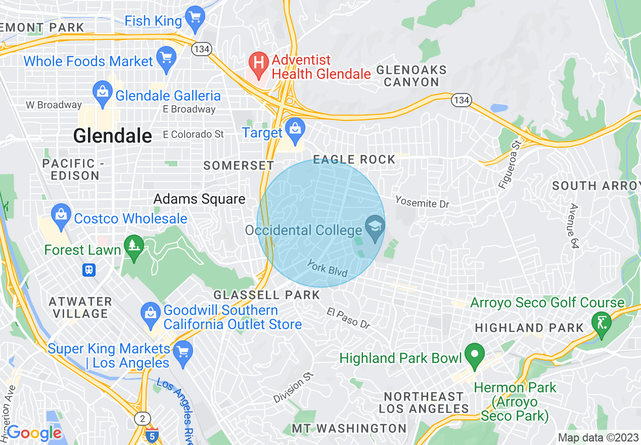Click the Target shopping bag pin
click(294, 128)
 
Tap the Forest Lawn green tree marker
click(134, 247)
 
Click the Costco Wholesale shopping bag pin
click(61, 215)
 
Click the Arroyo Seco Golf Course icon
click(602, 322)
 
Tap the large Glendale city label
click(112, 136)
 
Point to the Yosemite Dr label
click(422, 202)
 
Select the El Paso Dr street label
click(349, 318)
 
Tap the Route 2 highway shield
click(142, 418)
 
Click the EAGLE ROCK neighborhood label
click(354, 160)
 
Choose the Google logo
click(34, 433)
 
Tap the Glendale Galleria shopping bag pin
click(103, 93)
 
